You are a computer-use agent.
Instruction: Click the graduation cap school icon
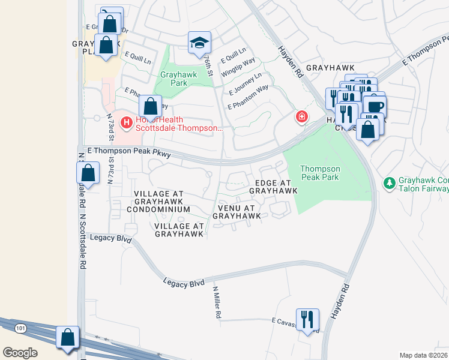coord(200,43)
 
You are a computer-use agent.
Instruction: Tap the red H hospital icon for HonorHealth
coord(127,123)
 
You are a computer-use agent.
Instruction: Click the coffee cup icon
coord(375,106)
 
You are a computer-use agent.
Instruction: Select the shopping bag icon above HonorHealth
coord(151,107)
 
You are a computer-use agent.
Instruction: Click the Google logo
coord(20,352)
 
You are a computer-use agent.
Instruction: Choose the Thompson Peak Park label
coord(320,173)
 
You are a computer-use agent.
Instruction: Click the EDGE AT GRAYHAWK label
coord(273,187)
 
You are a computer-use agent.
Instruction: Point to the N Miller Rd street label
coord(218,302)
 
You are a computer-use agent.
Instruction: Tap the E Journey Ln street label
coord(245,85)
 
